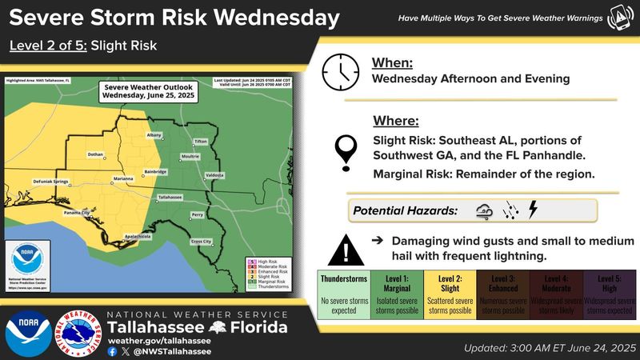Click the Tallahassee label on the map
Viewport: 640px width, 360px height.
click(x=170, y=196)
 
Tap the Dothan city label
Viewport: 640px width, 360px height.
click(x=96, y=154)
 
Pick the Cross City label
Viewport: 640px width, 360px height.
click(x=202, y=241)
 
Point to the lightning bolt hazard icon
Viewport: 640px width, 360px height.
click(x=534, y=210)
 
